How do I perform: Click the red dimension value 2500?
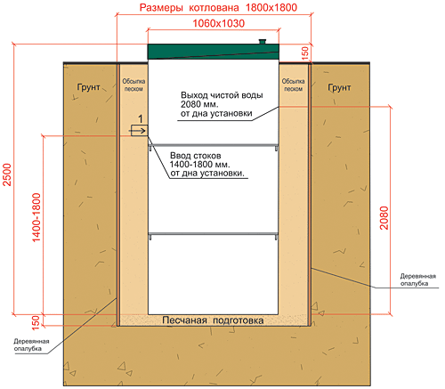click(x=7, y=174)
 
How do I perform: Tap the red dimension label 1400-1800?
click(x=36, y=217)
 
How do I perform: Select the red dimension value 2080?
click(x=384, y=218)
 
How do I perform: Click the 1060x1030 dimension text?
click(x=219, y=23)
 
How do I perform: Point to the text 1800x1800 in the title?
click(x=271, y=7)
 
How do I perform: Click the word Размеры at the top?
click(x=161, y=8)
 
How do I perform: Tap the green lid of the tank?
click(x=214, y=52)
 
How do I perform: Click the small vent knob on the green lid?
click(x=263, y=41)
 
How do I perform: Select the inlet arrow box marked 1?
click(x=139, y=131)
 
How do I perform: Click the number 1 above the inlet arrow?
click(x=141, y=119)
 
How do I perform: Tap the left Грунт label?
click(x=88, y=87)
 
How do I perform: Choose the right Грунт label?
click(x=339, y=87)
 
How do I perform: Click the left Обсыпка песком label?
click(x=133, y=85)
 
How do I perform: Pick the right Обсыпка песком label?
click(x=293, y=85)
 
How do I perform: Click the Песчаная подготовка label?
click(x=213, y=320)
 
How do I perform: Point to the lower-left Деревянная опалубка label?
click(x=31, y=344)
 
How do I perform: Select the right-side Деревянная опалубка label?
click(x=418, y=280)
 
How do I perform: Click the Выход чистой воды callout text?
click(x=222, y=104)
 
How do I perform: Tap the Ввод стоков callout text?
click(x=207, y=164)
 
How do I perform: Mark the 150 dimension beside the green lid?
click(x=305, y=53)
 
